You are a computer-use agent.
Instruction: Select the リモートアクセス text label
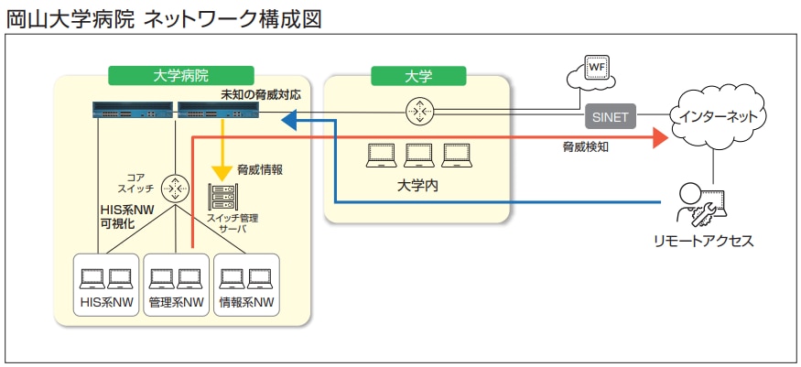click(x=703, y=242)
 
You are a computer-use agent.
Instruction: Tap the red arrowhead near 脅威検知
click(x=658, y=138)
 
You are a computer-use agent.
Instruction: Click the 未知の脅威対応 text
click(x=260, y=95)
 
